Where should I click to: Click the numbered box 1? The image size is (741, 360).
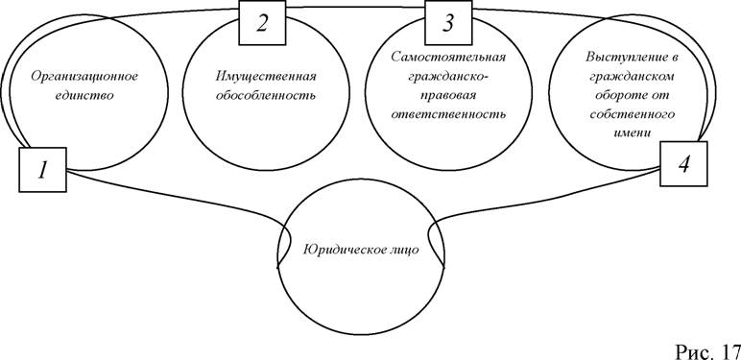tap(42, 170)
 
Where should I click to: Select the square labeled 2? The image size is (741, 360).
tap(262, 23)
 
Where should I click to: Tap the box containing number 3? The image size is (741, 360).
tap(448, 23)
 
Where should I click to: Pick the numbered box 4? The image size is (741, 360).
tap(683, 163)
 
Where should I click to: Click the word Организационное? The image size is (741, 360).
tap(84, 77)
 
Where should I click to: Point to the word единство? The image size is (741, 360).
tap(84, 95)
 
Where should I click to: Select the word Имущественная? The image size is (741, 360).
tap(266, 77)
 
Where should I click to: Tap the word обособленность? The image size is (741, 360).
tap(266, 95)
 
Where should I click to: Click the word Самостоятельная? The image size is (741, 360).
tap(448, 58)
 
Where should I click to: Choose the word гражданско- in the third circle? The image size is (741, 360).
tap(448, 76)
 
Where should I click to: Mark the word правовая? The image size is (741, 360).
tap(448, 95)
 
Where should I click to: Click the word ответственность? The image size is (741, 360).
tap(448, 114)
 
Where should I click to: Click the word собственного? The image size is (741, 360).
tap(631, 114)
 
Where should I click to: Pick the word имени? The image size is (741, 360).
tap(631, 132)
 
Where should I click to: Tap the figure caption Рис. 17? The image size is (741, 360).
tap(707, 350)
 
